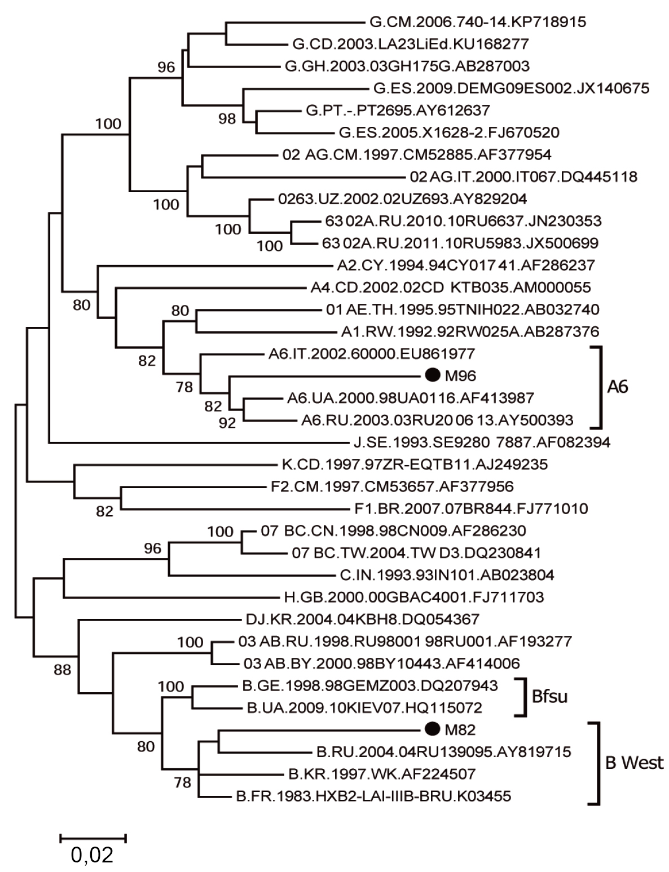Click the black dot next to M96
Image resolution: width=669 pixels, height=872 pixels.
click(432, 375)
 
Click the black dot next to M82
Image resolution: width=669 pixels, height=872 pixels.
click(432, 729)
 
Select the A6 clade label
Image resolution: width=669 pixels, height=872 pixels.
click(617, 387)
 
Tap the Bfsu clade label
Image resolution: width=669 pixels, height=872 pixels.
click(549, 696)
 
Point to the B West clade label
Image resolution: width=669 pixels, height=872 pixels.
click(634, 763)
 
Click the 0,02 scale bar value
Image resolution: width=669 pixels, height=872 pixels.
click(92, 855)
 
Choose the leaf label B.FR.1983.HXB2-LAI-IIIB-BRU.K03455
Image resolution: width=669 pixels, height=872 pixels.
click(373, 796)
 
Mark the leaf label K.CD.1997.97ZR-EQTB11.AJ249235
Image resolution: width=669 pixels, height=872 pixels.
click(415, 464)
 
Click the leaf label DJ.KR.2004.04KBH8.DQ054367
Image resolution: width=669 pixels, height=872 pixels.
click(363, 619)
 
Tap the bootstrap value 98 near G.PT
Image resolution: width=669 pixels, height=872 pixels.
click(227, 119)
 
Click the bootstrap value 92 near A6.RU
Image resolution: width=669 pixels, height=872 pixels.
click(227, 422)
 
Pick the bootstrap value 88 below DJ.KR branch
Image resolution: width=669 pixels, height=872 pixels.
click(63, 670)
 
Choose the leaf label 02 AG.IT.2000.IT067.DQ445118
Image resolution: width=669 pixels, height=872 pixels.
click(524, 177)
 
